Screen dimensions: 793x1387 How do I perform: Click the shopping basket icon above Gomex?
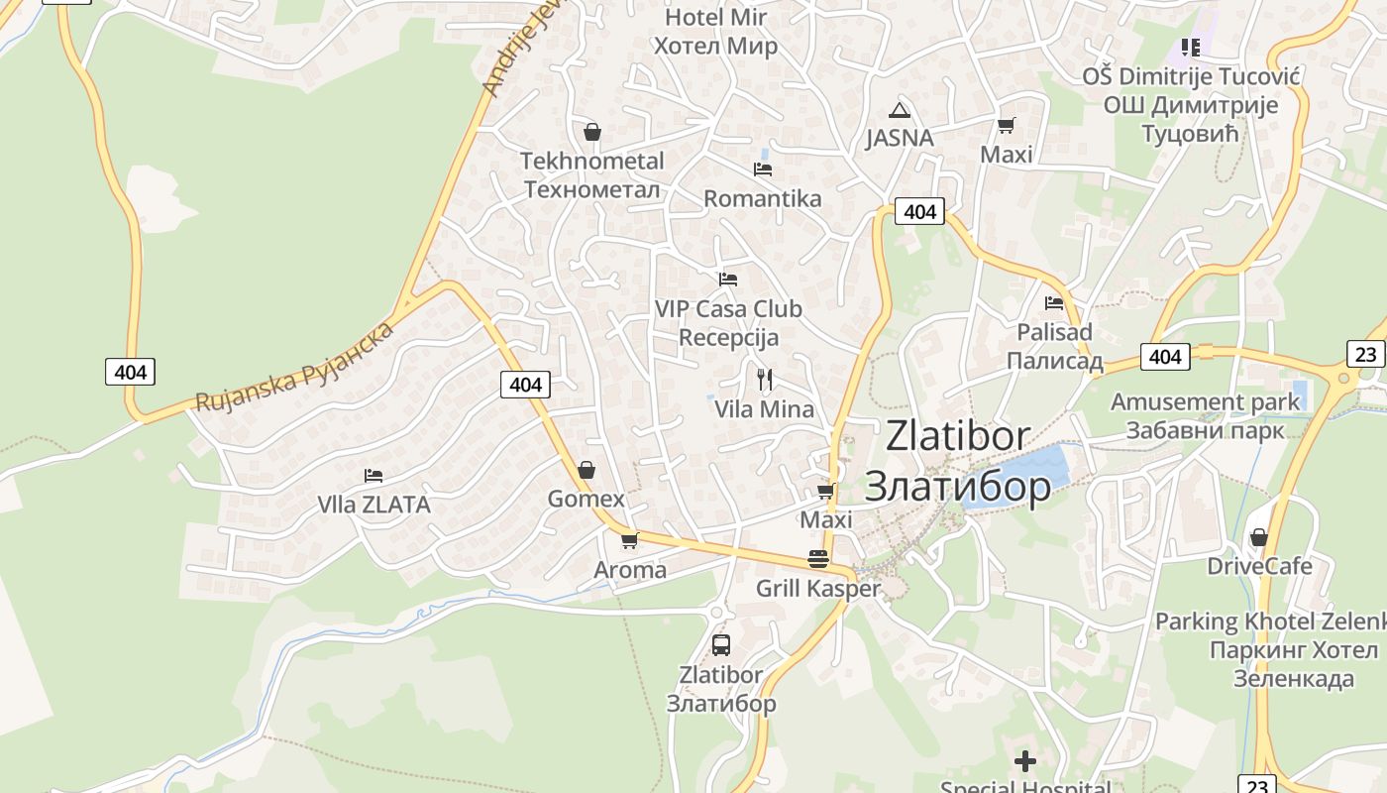tap(587, 469)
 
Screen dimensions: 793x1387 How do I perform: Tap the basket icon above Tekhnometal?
tap(592, 131)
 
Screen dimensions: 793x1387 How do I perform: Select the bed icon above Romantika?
tap(763, 169)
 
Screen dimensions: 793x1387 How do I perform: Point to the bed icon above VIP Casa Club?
tap(728, 279)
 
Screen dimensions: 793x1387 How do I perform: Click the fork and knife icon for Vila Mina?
tap(764, 379)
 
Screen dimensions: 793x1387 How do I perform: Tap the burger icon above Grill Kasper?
tap(818, 558)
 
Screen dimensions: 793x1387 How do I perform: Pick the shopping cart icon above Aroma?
tap(629, 540)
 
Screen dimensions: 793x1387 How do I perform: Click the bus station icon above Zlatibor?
tap(721, 645)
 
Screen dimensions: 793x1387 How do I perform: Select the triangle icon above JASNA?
tap(899, 110)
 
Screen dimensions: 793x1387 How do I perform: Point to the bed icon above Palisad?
tap(1054, 302)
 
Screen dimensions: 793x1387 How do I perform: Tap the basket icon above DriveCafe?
tap(1259, 537)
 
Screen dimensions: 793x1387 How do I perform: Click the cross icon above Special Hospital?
tap(1025, 761)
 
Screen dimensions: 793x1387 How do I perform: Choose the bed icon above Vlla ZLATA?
tap(373, 476)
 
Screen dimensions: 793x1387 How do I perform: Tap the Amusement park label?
tap(1205, 402)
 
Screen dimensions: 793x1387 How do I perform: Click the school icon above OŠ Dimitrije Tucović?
tap(1191, 47)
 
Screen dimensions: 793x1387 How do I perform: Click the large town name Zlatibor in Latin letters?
tap(957, 436)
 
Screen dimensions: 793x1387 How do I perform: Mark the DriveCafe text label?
tap(1259, 566)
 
